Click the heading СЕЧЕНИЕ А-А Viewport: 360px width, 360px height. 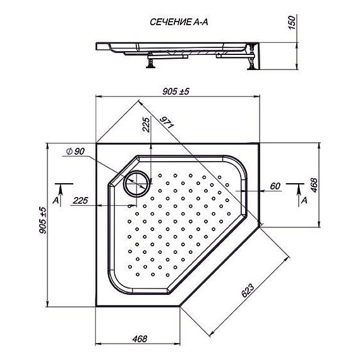pos(179,22)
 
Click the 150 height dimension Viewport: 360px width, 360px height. pos(292,22)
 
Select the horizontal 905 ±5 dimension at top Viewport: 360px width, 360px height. pos(176,92)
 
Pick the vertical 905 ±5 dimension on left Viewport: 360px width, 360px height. pos(43,220)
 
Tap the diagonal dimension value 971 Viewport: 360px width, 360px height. pos(167,123)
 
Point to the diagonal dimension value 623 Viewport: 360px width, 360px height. pos(248,291)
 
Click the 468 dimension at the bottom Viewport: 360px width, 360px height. pos(140,339)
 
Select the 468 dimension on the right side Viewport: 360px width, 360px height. pos(313,185)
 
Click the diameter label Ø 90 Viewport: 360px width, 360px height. pos(75,152)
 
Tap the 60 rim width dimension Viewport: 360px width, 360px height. pos(275,186)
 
